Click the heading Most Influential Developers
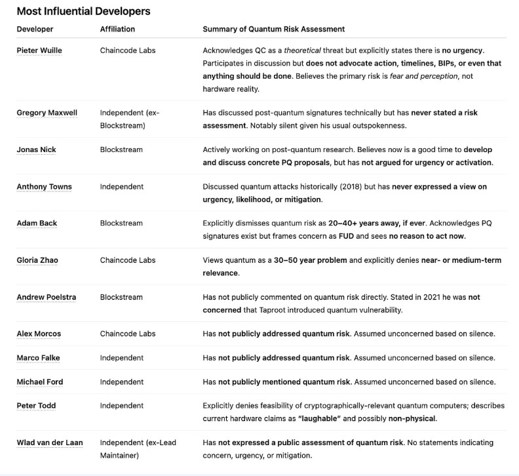point(83,11)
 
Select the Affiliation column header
point(117,29)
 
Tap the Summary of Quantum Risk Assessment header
point(273,29)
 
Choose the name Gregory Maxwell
point(47,113)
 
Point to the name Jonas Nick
point(36,149)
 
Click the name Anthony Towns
point(44,187)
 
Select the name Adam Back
point(37,223)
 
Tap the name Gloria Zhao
point(37,260)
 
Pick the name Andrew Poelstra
point(46,297)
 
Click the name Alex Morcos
point(39,334)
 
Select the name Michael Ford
point(40,382)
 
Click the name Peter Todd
point(36,406)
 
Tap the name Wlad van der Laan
point(50,443)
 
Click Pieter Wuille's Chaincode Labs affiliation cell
point(128,50)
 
